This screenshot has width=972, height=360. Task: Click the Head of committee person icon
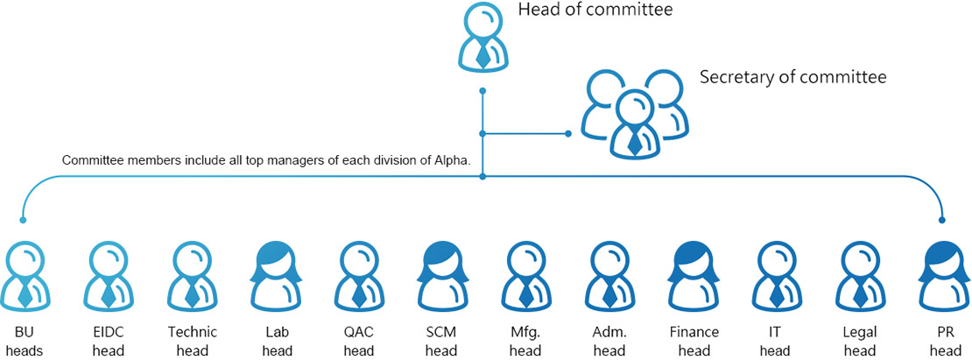pyautogui.click(x=482, y=38)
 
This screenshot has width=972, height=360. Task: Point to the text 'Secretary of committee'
pyautogui.click(x=792, y=77)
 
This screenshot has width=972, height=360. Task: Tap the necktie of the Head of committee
pyautogui.click(x=482, y=54)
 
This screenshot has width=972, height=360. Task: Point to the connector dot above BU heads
pyautogui.click(x=23, y=219)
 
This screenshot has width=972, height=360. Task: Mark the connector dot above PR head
pyautogui.click(x=942, y=219)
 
